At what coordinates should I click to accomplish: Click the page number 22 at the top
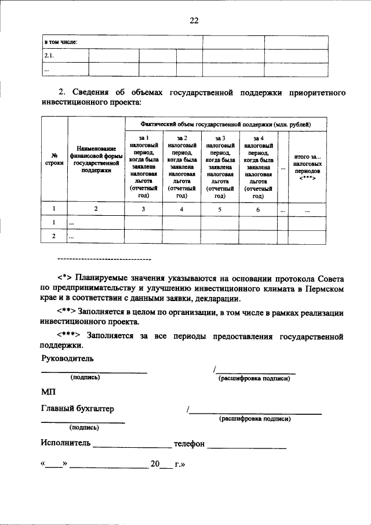coord(194,21)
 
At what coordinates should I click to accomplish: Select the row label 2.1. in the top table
coord(49,56)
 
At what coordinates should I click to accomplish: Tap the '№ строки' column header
coord(54,160)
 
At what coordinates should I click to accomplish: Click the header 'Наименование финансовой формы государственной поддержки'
coord(96,160)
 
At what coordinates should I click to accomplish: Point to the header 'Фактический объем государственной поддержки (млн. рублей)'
coord(226,124)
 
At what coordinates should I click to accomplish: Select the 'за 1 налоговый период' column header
coord(143,166)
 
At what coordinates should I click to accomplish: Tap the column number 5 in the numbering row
coord(220,209)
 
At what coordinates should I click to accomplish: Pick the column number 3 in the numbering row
coord(143,209)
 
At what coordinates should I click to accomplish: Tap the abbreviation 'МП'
coord(48,393)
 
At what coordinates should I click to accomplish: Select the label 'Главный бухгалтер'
coord(77,408)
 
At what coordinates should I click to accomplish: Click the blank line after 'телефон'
coord(247,446)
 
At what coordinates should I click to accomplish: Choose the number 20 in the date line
coord(155,464)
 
